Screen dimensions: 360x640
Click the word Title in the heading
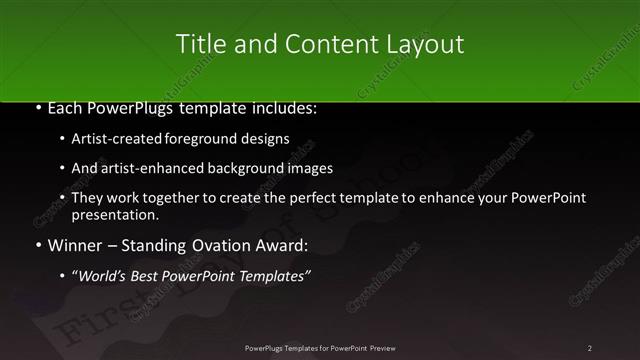click(x=196, y=44)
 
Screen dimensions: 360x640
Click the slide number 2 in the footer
click(x=590, y=348)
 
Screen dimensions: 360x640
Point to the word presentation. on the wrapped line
click(x=115, y=214)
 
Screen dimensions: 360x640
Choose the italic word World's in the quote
click(x=103, y=276)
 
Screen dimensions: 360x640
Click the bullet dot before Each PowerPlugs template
click(x=38, y=107)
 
